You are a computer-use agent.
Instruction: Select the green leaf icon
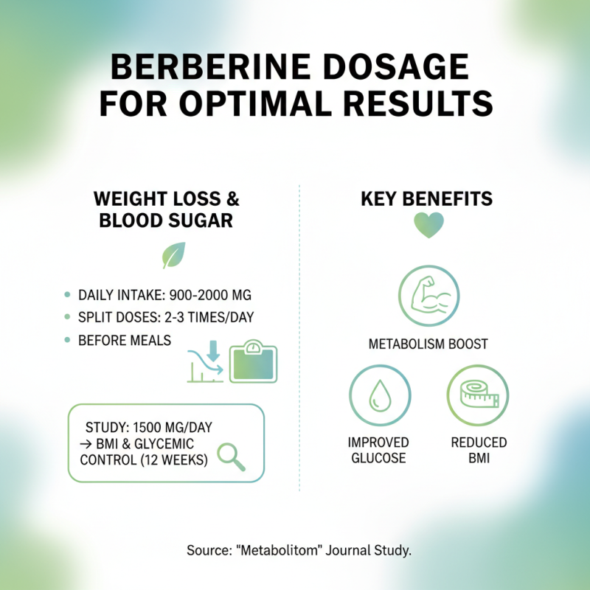173,255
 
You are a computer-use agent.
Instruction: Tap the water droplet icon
378,397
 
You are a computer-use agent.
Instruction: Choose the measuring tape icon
479,397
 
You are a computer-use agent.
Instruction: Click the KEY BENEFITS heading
427,199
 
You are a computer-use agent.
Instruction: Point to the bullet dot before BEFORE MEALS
67,340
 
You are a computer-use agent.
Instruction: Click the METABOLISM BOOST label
428,344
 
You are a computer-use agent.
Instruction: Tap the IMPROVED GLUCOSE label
378,450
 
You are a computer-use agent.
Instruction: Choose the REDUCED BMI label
479,450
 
